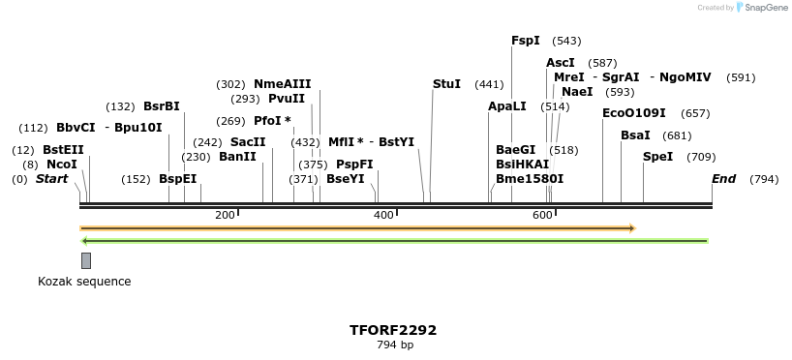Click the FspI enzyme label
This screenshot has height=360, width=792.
pos(526,41)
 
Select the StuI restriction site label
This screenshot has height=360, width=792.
pos(446,84)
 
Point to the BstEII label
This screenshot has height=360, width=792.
pos(63,150)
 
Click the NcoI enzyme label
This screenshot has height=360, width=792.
pos(62,165)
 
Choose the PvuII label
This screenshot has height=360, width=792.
pos(287,99)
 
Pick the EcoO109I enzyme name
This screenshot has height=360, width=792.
pos(634,113)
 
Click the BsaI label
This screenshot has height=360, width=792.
pos(635,135)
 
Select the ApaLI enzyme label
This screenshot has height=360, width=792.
pos(507,106)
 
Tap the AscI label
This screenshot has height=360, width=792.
pos(561,63)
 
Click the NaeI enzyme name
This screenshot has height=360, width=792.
pos(577,92)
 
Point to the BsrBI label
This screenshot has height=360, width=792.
pos(162,106)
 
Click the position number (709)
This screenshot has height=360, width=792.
pos(701,157)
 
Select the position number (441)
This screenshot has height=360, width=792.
pos(489,84)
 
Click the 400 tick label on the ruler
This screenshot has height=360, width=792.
pos(383,214)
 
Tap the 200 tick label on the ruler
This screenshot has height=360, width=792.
pos(225,214)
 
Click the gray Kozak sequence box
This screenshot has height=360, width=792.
pos(86,260)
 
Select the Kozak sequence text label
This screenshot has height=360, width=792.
pos(84,282)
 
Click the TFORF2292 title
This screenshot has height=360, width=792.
pos(393,330)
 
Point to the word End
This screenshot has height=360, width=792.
pos(723,179)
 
